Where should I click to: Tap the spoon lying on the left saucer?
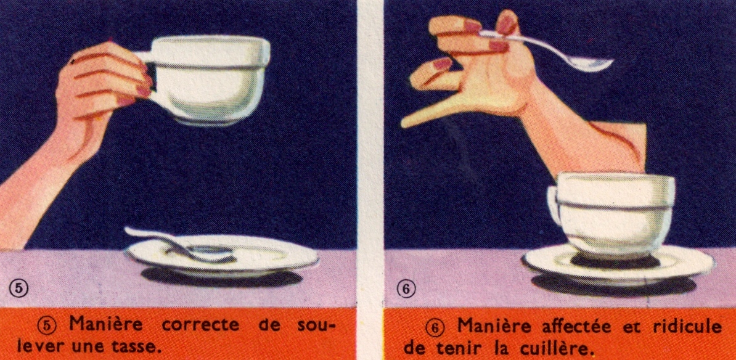[x=188, y=248]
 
